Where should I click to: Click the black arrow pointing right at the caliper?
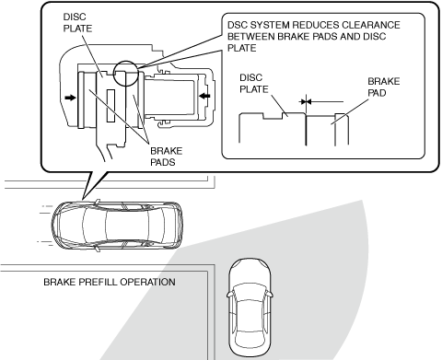70,98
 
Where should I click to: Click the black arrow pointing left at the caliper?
204,96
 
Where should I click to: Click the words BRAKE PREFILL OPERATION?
110,282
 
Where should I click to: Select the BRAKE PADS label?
166,157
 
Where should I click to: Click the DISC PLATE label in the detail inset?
254,84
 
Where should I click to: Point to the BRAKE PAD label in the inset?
384,87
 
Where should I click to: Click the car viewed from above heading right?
117,225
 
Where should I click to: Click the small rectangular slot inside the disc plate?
110,106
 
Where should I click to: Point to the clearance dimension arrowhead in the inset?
308,101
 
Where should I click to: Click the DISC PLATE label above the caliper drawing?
77,22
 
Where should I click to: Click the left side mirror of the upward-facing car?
229,295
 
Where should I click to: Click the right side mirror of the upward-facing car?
270,295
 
